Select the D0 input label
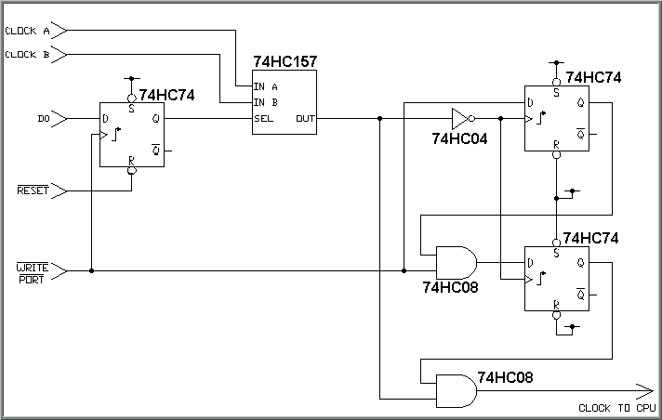pyautogui.click(x=43, y=119)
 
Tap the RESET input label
pyautogui.click(x=33, y=190)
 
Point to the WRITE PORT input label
pyautogui.click(x=33, y=272)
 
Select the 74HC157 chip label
pyautogui.click(x=285, y=61)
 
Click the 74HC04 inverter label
pyautogui.click(x=459, y=138)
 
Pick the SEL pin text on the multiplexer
pyautogui.click(x=264, y=119)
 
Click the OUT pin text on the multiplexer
pyautogui.click(x=305, y=119)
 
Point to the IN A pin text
pyautogui.click(x=266, y=86)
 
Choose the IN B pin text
pyautogui.click(x=266, y=102)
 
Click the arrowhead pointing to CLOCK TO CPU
pyautogui.click(x=644, y=390)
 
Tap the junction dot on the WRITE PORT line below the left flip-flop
pyautogui.click(x=91, y=271)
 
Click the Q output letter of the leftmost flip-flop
pyautogui.click(x=155, y=119)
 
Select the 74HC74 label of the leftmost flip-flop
pyautogui.click(x=167, y=95)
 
